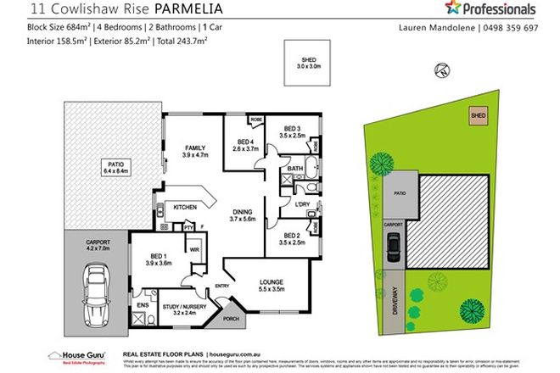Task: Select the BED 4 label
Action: pyautogui.click(x=246, y=142)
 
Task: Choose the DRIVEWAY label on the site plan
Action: pyautogui.click(x=393, y=298)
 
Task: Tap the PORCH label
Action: pyautogui.click(x=228, y=320)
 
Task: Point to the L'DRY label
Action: pyautogui.click(x=301, y=204)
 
